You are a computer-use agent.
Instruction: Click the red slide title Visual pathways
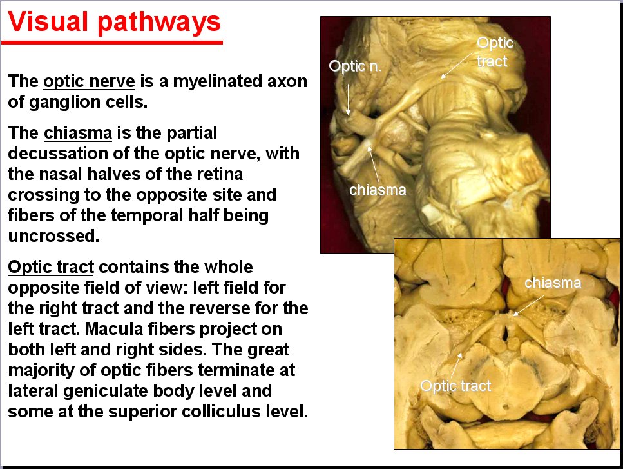pos(115,23)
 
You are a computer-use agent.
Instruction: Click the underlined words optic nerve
pos(89,81)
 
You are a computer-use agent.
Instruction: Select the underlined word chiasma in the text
pos(78,133)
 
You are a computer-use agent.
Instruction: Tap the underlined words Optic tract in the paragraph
pos(51,267)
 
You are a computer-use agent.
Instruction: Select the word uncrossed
pos(53,236)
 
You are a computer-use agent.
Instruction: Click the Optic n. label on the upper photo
pos(355,66)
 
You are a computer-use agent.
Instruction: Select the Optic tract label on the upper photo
pos(495,52)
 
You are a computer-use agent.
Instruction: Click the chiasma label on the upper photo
pos(378,190)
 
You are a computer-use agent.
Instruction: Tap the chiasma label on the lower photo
pos(553,283)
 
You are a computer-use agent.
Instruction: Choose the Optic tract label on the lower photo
pos(455,386)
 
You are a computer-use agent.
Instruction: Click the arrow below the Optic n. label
pos(348,99)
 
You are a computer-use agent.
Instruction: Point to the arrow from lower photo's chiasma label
pos(528,306)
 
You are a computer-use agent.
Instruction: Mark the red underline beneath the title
pos(111,42)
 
